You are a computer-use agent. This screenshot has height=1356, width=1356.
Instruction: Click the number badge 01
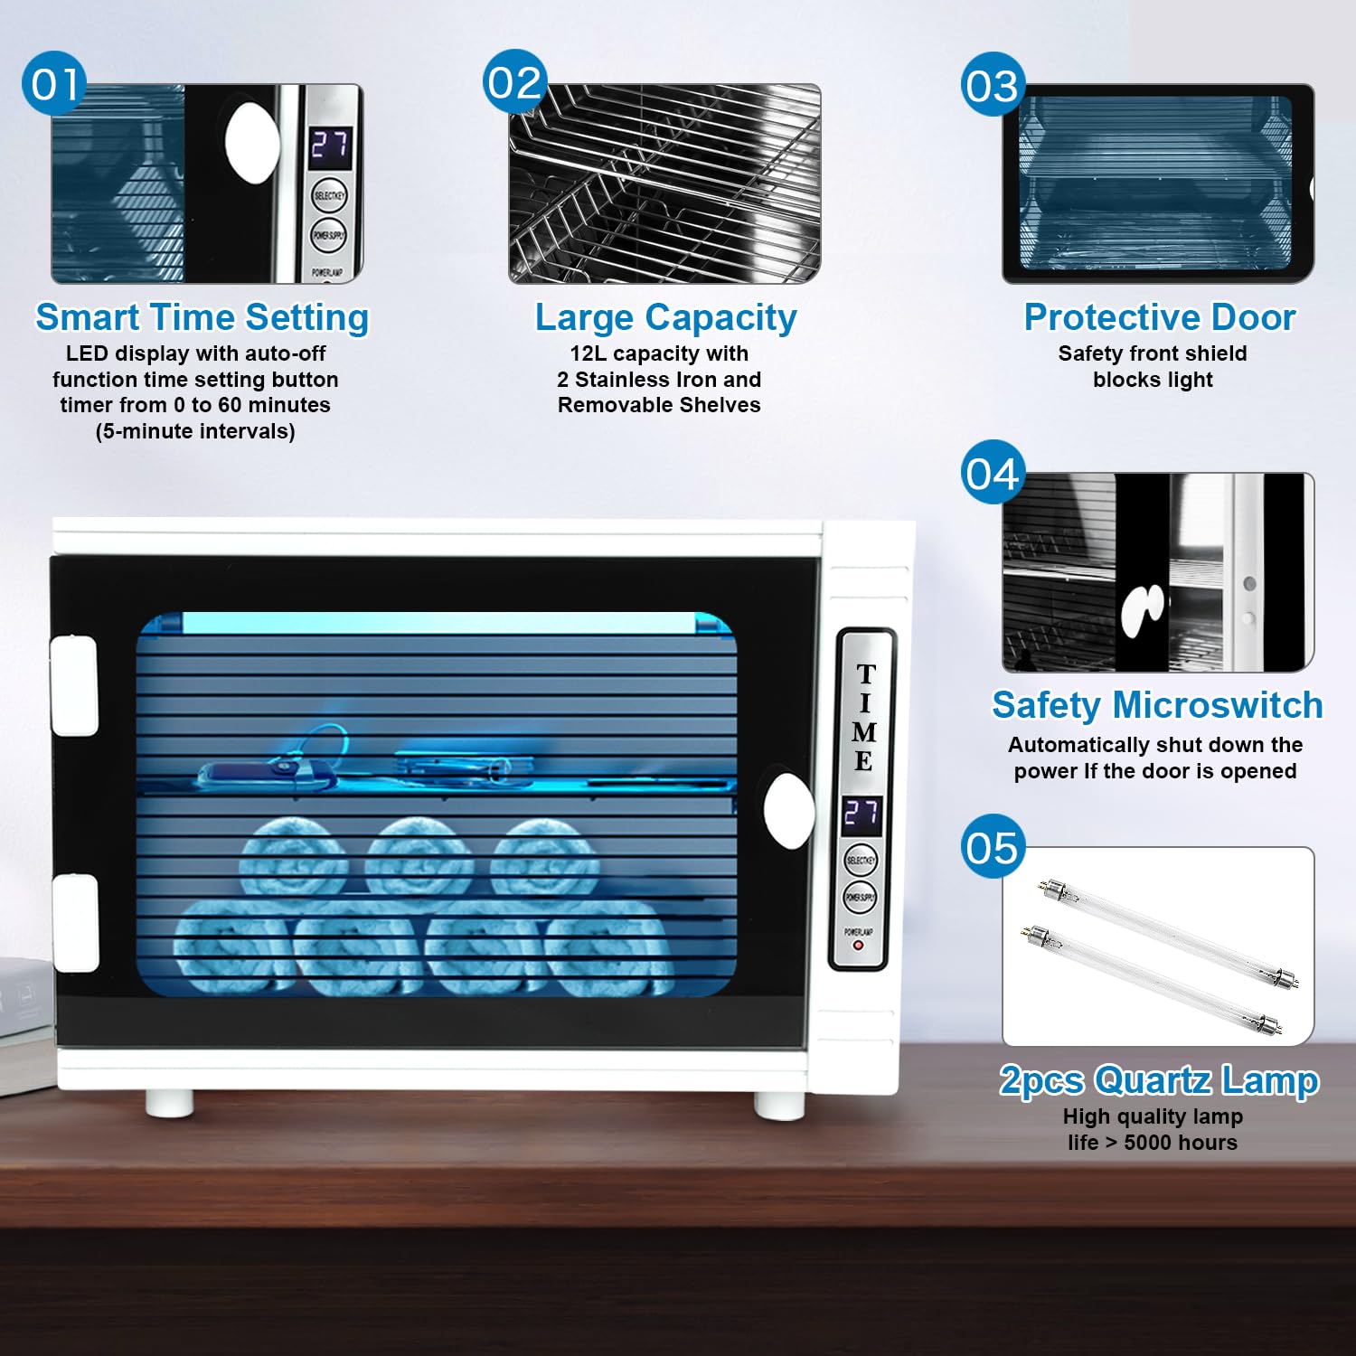coord(54,84)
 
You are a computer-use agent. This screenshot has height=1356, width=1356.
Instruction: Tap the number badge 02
coord(515,82)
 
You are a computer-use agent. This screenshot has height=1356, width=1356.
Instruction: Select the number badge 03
coord(993,85)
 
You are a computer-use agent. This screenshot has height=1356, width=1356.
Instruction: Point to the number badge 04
coord(993,473)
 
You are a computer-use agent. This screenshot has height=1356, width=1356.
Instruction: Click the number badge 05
coord(993,847)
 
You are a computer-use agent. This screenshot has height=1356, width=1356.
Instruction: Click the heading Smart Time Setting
coord(202,317)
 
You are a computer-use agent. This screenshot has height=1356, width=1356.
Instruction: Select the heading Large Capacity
coord(665,317)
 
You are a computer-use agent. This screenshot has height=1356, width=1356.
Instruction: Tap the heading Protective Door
coord(1159,317)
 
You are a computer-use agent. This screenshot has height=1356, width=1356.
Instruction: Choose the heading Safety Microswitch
coord(1157,705)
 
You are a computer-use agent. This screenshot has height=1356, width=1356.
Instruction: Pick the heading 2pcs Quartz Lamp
coord(1159,1080)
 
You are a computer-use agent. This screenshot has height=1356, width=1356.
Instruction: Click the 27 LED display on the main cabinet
coord(861,815)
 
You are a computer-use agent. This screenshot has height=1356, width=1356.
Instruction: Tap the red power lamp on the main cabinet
coord(858,946)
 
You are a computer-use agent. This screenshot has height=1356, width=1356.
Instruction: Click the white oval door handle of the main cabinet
coord(788,811)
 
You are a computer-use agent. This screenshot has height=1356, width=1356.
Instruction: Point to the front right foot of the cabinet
coord(779,1105)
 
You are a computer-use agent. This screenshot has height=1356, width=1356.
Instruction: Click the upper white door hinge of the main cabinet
coord(74,684)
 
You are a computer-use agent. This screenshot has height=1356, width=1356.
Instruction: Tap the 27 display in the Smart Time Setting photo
coord(330,146)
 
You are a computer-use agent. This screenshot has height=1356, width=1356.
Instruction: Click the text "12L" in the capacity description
coord(589,353)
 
